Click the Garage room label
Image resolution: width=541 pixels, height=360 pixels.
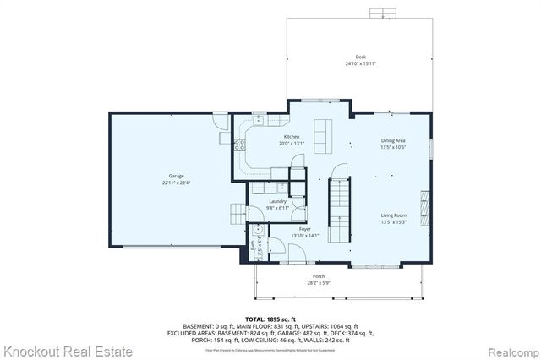(176, 176)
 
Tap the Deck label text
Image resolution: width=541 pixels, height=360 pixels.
(360, 57)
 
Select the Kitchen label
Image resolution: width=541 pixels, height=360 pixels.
(292, 137)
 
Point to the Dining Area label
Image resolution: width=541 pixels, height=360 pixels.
(393, 140)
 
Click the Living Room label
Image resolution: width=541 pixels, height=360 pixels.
(393, 215)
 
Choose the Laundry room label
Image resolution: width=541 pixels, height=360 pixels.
(277, 201)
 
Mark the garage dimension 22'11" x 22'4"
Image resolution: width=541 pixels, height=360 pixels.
(176, 183)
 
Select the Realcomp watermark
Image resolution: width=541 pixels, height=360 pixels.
(509, 350)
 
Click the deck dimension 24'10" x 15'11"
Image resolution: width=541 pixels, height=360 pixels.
(360, 64)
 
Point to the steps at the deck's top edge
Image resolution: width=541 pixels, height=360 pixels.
(382, 14)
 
